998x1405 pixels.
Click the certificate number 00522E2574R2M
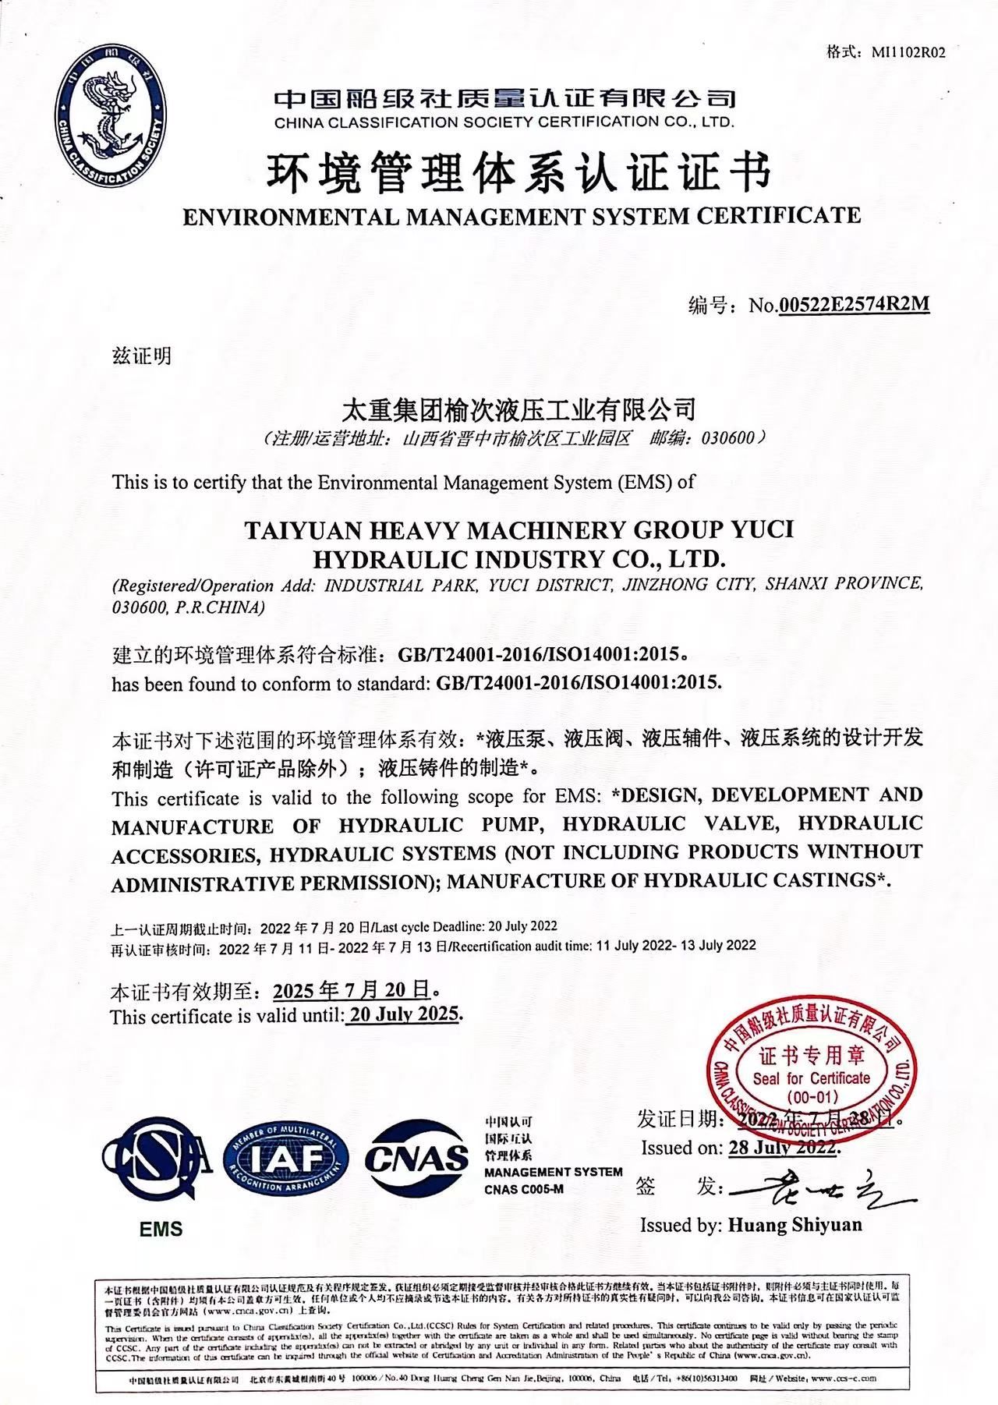click(855, 303)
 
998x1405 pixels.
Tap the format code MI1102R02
click(908, 53)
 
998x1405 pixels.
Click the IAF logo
click(286, 1159)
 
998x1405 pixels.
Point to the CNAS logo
click(417, 1159)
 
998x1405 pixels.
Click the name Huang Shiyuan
click(795, 1224)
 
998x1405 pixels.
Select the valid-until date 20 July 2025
click(404, 1014)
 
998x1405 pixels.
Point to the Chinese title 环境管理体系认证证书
click(519, 173)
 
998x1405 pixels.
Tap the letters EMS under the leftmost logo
click(161, 1229)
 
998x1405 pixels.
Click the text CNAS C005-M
click(523, 1189)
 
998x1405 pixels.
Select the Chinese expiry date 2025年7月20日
click(352, 990)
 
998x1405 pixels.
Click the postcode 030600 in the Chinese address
click(728, 437)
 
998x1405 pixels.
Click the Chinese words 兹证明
click(141, 356)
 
